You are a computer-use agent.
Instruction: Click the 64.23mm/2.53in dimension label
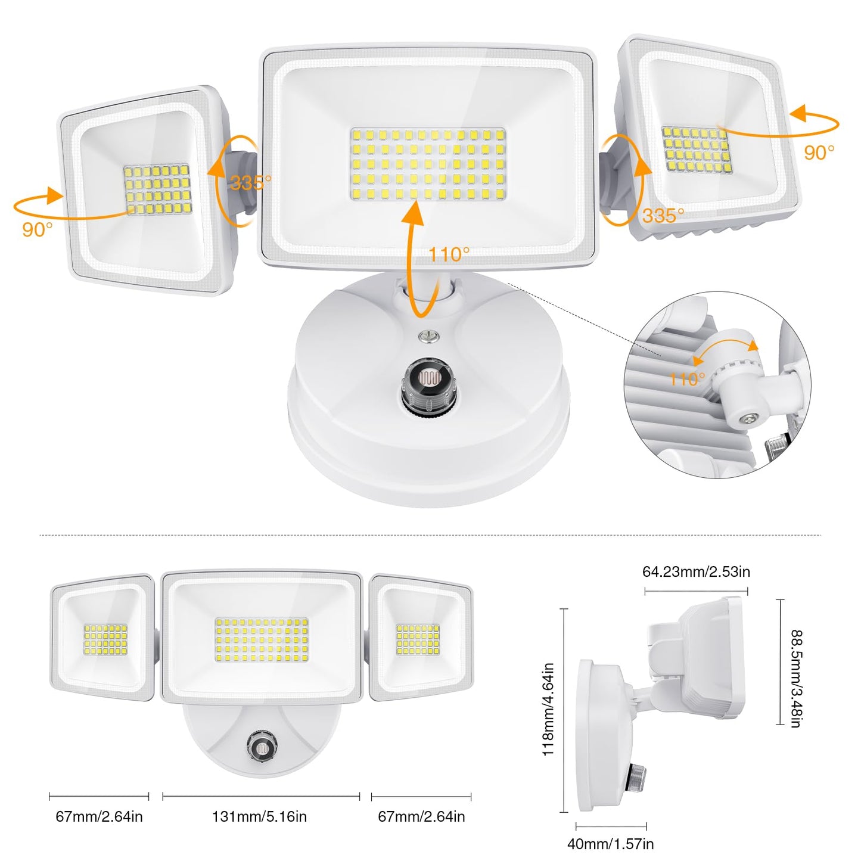tap(696, 572)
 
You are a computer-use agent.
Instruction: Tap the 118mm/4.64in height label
tap(549, 709)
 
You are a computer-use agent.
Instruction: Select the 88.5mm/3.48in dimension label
tap(796, 679)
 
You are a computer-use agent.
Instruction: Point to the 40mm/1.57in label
tap(610, 844)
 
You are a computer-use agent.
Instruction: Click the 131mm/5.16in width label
tap(260, 816)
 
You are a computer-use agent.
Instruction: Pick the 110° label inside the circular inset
tap(686, 379)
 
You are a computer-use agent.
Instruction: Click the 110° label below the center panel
tap(449, 255)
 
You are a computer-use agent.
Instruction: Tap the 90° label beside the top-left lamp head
tap(38, 229)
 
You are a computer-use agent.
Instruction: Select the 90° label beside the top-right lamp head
tap(819, 153)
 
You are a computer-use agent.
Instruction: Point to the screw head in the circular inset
tap(748, 419)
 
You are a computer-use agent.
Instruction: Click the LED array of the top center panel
tap(428, 163)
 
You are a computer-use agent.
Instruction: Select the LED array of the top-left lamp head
tap(158, 189)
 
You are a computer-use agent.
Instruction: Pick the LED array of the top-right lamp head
tap(697, 150)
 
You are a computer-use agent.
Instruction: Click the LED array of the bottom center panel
tap(262, 640)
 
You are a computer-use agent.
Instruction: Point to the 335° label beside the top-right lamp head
tap(663, 215)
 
